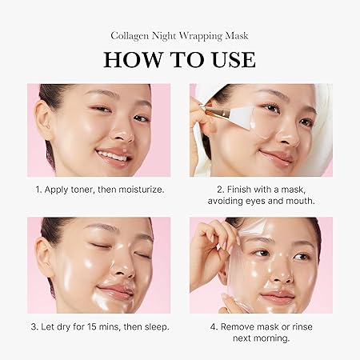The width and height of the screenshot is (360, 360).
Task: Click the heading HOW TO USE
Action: tap(179, 59)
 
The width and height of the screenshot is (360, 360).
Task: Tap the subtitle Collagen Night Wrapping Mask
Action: tap(179, 34)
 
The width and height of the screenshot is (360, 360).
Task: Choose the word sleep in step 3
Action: tap(153, 326)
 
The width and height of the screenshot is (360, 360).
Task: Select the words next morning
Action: tap(261, 339)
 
